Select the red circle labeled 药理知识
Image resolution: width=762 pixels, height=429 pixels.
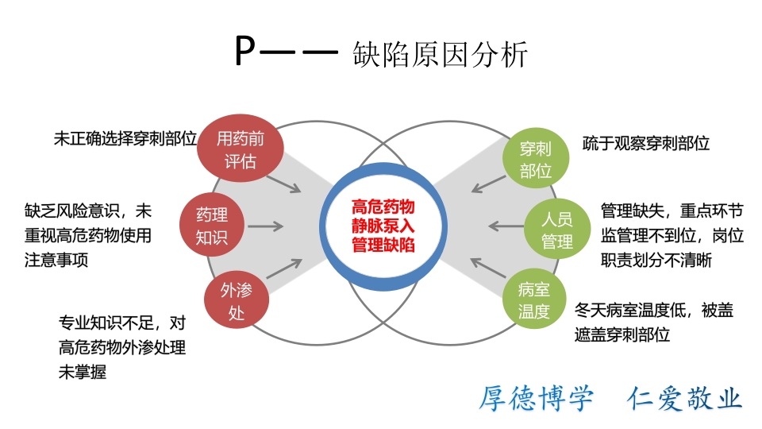(213, 225)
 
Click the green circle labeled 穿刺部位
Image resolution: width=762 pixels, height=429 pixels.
(535, 159)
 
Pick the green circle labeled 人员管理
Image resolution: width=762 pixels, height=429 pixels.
(557, 229)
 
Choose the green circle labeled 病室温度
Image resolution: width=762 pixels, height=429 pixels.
(534, 300)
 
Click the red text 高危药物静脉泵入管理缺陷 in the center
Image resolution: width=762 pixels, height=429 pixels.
(383, 225)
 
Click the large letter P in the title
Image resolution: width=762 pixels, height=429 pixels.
(245, 54)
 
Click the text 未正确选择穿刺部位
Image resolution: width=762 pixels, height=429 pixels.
(125, 138)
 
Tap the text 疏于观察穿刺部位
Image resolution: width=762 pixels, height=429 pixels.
(645, 144)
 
